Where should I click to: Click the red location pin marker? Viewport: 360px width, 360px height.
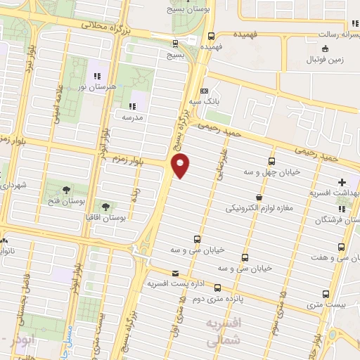click(x=181, y=165)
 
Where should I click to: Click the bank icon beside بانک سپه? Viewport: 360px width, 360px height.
click(x=205, y=91)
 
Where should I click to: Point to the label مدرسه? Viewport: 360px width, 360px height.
click(x=134, y=117)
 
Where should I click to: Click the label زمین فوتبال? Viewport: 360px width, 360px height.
click(x=325, y=60)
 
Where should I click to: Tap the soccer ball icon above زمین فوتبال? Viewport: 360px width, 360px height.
click(x=324, y=48)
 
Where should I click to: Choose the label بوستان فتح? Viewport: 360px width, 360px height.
click(x=65, y=200)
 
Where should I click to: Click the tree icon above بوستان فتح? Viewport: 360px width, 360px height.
click(x=66, y=189)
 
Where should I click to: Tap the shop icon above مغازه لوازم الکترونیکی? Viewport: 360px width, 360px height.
click(x=261, y=198)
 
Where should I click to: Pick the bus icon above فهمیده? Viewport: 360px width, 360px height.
click(x=212, y=37)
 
